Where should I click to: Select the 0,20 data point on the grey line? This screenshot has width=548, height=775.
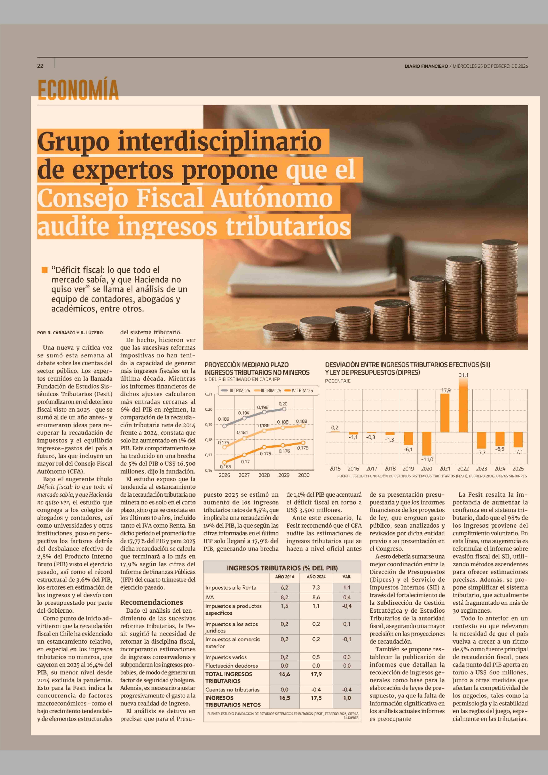[x=284, y=409]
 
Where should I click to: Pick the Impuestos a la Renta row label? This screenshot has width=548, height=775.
[x=231, y=588]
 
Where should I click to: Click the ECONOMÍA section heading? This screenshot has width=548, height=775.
[x=78, y=89]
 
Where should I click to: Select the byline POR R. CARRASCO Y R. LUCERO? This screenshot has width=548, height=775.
[x=70, y=333]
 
